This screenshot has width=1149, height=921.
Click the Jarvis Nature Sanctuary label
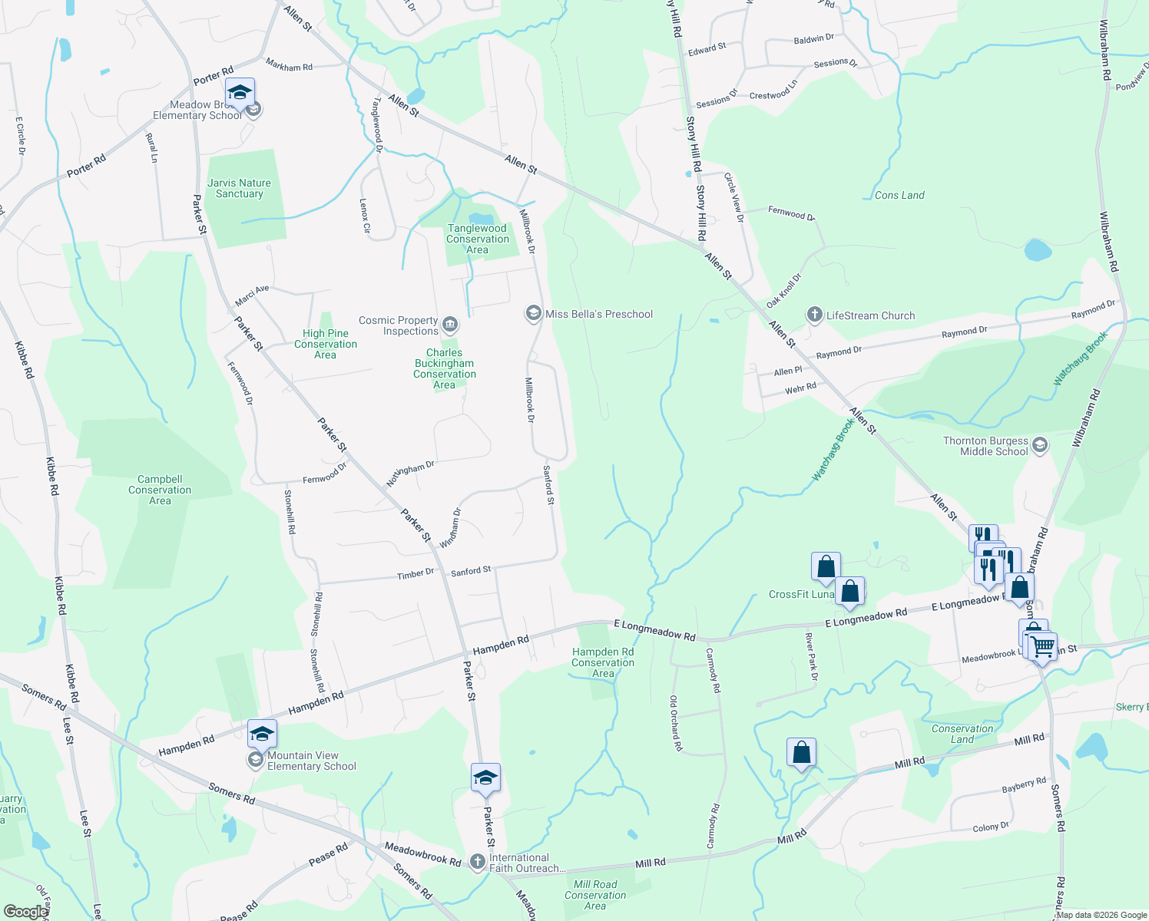239,188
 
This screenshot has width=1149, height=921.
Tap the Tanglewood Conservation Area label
477,239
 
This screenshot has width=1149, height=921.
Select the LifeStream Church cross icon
814,315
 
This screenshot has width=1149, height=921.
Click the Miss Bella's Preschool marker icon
533,313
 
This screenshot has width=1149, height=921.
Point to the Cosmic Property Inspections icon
450,326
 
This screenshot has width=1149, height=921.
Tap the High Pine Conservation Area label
326,344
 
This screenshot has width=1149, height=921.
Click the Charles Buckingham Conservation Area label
445,368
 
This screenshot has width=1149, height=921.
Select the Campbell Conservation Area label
160,490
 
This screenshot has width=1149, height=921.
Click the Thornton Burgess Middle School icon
1039,446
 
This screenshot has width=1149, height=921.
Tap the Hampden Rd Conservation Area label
603,662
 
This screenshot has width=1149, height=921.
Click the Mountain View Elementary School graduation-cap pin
262,734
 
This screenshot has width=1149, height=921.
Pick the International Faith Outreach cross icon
478,862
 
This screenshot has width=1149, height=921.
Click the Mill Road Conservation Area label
595,895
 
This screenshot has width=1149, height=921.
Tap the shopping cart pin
1043,646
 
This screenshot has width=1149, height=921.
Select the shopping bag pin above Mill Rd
801,752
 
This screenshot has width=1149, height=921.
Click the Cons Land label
899,195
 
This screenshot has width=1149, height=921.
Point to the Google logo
25,911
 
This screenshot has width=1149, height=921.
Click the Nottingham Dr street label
410,473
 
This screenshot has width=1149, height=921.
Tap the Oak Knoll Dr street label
784,290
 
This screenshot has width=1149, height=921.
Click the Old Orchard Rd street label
675,723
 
